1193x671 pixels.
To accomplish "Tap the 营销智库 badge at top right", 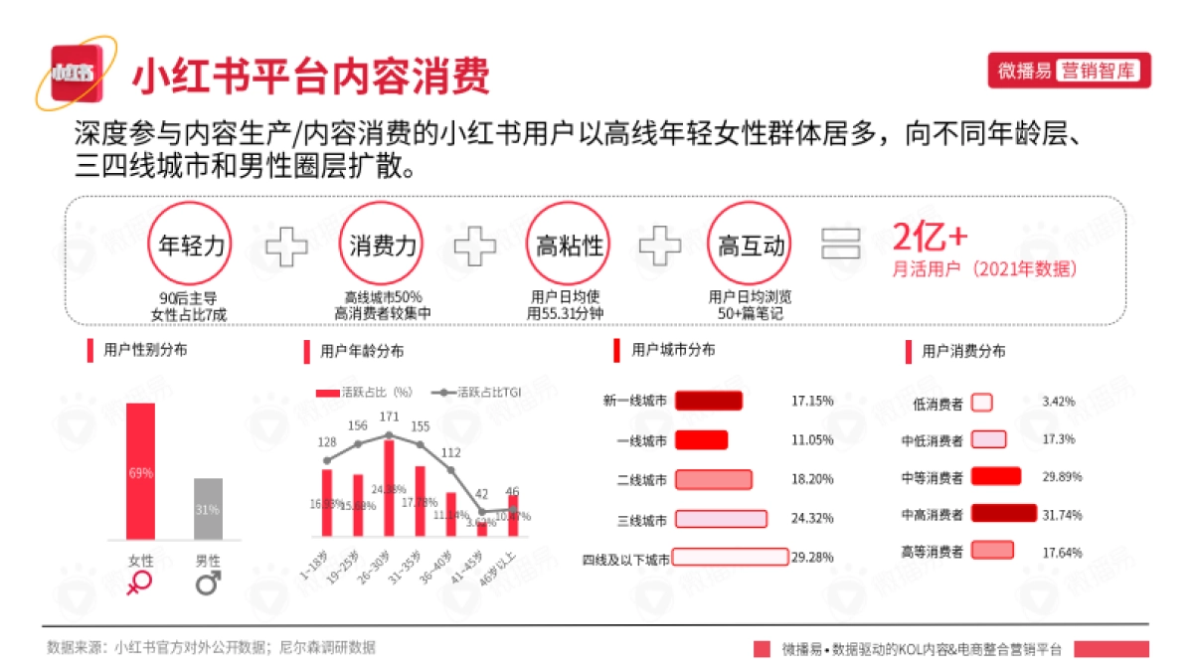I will coord(1100,71).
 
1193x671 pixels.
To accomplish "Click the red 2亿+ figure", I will coord(930,239).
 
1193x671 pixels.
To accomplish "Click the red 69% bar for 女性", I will coord(140,471).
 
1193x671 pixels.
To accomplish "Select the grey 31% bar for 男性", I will coord(208,508).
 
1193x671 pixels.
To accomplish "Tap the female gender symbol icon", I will coord(140,583).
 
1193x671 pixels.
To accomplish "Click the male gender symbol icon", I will coord(208,583).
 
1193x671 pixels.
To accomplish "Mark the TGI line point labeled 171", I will coord(389,434).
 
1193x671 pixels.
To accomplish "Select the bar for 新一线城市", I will coord(709,401).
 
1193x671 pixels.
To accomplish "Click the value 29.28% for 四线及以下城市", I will coord(812,558).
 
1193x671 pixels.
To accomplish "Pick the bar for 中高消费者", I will coord(1003,514).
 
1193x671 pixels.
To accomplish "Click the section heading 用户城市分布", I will coord(673,350).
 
